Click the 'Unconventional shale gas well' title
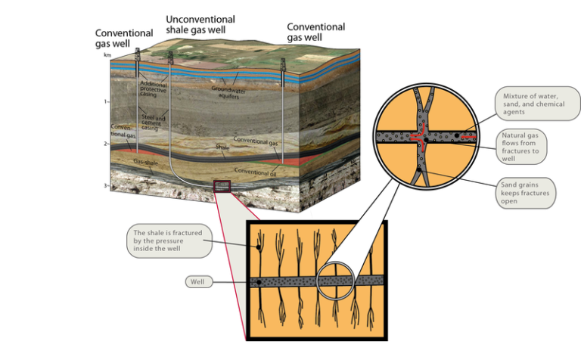[200, 24]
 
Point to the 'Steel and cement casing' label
[156, 123]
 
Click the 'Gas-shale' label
[146, 162]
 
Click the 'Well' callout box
[198, 281]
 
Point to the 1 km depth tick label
[107, 101]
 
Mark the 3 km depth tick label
[107, 185]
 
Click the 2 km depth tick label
[107, 143]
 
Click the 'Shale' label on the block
[222, 147]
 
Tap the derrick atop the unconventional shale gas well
[170, 57]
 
